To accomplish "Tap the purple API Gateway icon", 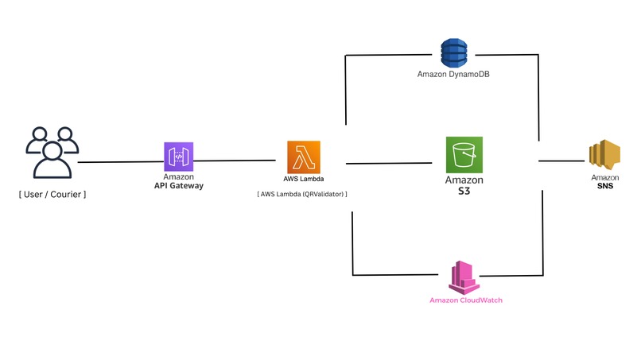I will click(179, 156).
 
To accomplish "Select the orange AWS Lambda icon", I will click(303, 156).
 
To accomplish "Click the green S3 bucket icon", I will click(464, 154).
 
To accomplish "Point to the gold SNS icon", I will click(604, 156).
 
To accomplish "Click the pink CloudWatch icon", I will click(464, 277).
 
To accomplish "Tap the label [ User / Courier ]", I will click(52, 193).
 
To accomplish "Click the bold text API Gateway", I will click(179, 185).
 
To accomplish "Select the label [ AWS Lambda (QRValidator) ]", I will click(302, 193).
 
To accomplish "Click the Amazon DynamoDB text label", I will click(452, 74).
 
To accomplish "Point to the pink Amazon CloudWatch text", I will click(466, 300).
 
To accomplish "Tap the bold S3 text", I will click(464, 192).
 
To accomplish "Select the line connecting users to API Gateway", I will click(118, 162).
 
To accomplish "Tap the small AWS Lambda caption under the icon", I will click(303, 179).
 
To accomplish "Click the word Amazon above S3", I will click(464, 180).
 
